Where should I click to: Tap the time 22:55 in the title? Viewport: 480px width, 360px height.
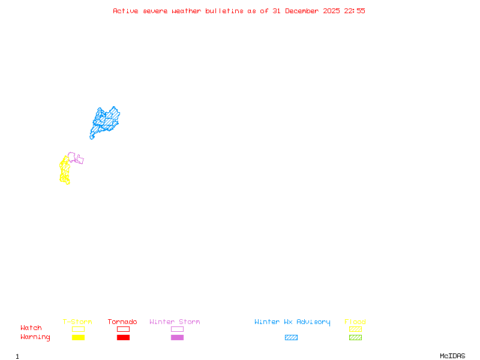pos(355,11)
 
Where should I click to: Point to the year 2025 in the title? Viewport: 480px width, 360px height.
pos(331,11)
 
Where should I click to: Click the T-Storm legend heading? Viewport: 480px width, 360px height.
pos(77,322)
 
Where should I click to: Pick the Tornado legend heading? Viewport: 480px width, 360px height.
pos(122,322)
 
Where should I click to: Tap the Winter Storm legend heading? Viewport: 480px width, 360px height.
pos(175,322)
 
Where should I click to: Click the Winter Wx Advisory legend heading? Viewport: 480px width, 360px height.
pos(292,322)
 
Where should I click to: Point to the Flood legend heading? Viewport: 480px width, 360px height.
pos(355,322)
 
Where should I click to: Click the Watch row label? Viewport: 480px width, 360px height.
pos(31,328)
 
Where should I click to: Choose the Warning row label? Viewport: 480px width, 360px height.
pos(35,337)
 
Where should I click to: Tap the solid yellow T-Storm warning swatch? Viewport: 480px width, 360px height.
pos(78,337)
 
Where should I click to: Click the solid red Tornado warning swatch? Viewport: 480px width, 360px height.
pos(123,337)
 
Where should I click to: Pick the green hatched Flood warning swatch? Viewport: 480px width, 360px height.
pos(355,337)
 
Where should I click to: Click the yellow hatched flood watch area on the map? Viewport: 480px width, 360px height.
pos(64,170)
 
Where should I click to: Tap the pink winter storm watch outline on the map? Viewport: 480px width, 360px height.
pos(76,158)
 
